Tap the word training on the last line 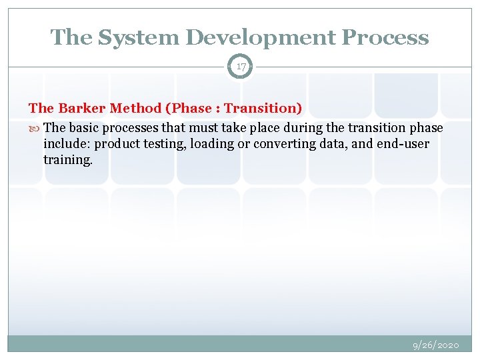[67, 160]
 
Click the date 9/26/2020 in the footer [436, 345]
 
